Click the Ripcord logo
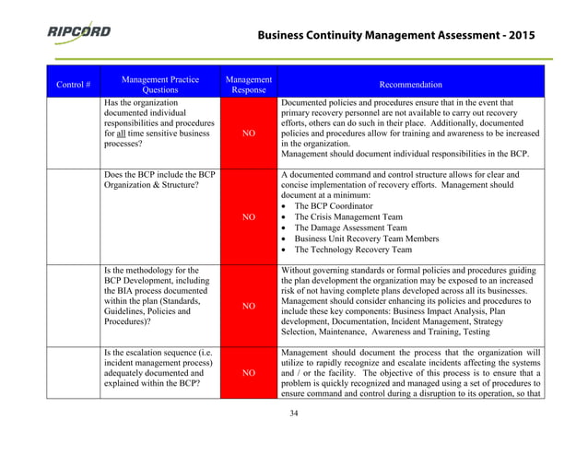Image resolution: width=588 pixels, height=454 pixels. (78, 32)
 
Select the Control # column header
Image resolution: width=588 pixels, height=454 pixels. (73, 84)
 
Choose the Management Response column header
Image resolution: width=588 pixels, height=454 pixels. (248, 84)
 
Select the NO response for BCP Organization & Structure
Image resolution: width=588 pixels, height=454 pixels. (248, 218)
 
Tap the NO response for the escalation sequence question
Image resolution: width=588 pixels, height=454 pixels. (248, 374)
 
